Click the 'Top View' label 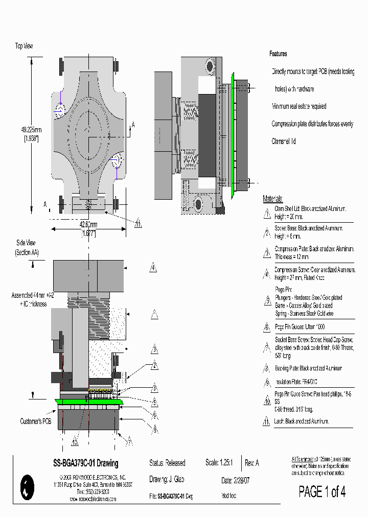[x=24, y=46]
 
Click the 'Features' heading [x=278, y=54]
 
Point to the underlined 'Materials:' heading [x=272, y=199]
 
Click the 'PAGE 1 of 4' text [x=322, y=492]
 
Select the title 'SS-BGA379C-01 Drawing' [x=85, y=463]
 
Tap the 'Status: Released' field [x=167, y=463]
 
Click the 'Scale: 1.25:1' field [x=219, y=463]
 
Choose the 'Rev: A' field [x=252, y=463]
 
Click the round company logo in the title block [x=27, y=486]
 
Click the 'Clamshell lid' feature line [x=284, y=142]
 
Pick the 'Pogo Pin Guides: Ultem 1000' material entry [x=300, y=327]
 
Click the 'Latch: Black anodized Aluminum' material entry [x=302, y=421]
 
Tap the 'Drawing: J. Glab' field [x=167, y=479]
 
